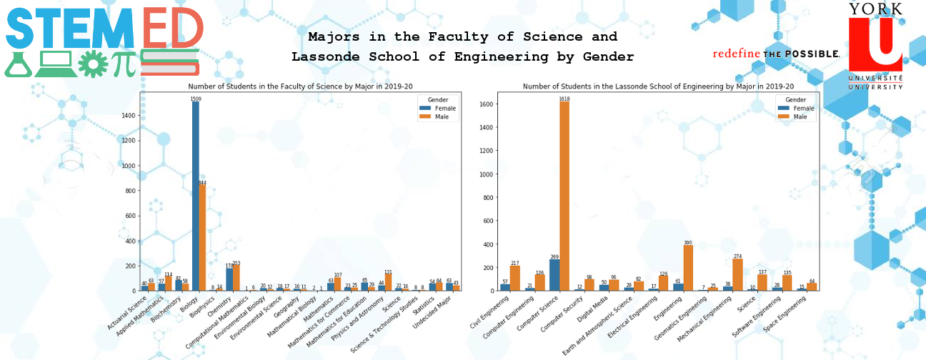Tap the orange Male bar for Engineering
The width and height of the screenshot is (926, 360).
[688, 268]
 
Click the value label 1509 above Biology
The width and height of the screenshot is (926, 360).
[196, 99]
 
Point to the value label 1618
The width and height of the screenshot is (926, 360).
[564, 99]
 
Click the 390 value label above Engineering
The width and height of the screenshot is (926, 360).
[688, 243]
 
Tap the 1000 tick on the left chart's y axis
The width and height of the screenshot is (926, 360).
[129, 166]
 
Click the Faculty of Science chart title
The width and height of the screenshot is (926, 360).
[301, 86]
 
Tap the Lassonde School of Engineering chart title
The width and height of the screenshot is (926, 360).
[658, 86]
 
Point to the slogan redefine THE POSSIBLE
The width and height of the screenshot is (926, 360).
[775, 54]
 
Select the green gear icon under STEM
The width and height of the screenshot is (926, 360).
[92, 64]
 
